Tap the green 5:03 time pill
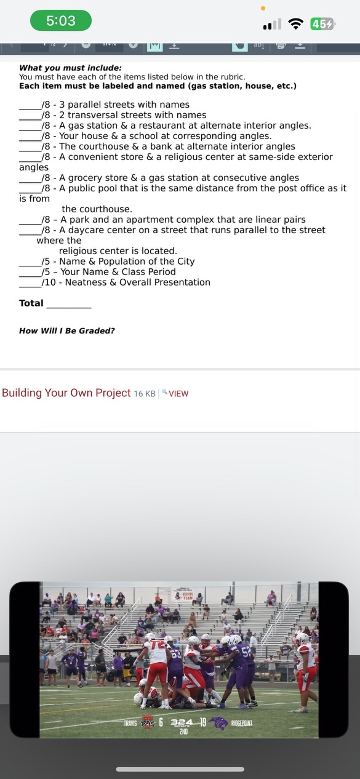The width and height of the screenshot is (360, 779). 61,20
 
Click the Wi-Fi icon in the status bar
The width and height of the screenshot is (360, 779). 296,24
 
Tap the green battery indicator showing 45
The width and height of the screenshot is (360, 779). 322,24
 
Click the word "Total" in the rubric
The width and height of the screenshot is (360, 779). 31,303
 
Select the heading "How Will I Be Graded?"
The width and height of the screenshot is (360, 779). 66,330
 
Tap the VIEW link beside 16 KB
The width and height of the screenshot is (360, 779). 178,394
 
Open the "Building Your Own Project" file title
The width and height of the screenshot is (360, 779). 66,393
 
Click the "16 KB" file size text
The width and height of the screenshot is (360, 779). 145,394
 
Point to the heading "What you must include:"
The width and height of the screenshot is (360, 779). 70,68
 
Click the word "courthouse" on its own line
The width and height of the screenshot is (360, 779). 97,209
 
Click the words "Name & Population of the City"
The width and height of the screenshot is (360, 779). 127,262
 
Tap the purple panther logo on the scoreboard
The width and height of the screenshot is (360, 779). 218,724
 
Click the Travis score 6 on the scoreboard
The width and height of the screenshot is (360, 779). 161,722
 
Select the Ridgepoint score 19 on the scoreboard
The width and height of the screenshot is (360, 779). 202,722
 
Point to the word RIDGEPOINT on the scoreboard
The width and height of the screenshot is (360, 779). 242,724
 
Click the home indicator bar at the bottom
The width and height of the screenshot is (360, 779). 180,769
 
